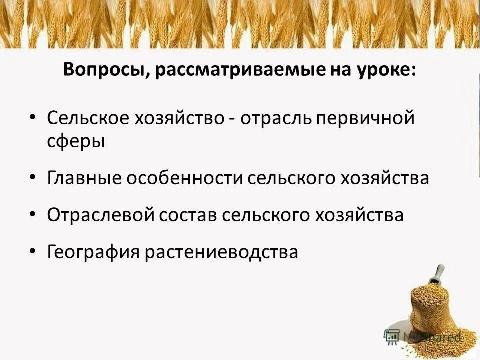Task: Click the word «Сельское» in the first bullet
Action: [87, 118]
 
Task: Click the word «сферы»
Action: [76, 141]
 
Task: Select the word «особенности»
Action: [185, 178]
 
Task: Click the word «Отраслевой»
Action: [101, 215]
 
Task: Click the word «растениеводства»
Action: [222, 252]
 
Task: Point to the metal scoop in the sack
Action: [437, 274]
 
